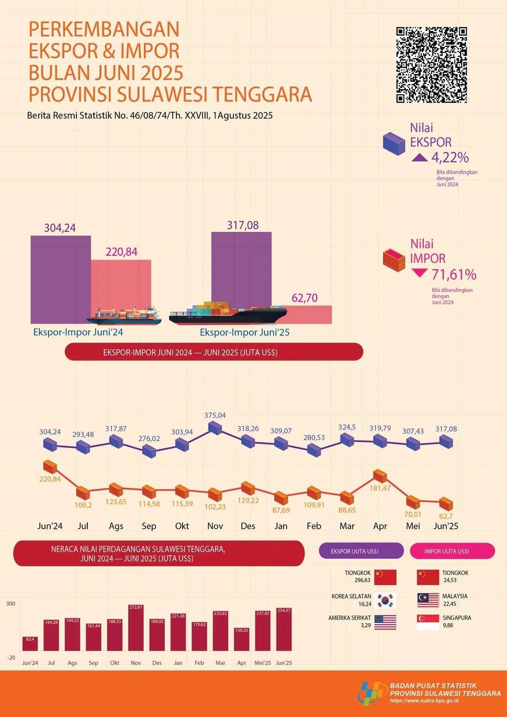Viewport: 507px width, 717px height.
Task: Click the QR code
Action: point(431,65)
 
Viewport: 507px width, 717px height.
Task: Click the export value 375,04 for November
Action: point(215,415)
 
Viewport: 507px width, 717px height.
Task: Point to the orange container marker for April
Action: point(380,476)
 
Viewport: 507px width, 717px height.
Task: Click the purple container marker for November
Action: point(215,428)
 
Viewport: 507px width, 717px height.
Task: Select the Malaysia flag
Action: point(428,600)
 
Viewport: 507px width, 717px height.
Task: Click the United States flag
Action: point(385,622)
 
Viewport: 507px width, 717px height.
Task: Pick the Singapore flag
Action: point(428,622)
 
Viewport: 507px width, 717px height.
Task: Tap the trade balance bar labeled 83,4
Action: point(30,644)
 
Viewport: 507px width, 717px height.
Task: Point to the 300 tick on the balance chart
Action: point(11,604)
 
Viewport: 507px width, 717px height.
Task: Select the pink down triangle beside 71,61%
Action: point(419,273)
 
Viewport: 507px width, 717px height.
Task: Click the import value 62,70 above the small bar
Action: point(305,298)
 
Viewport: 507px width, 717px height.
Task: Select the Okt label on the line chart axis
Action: point(182,526)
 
